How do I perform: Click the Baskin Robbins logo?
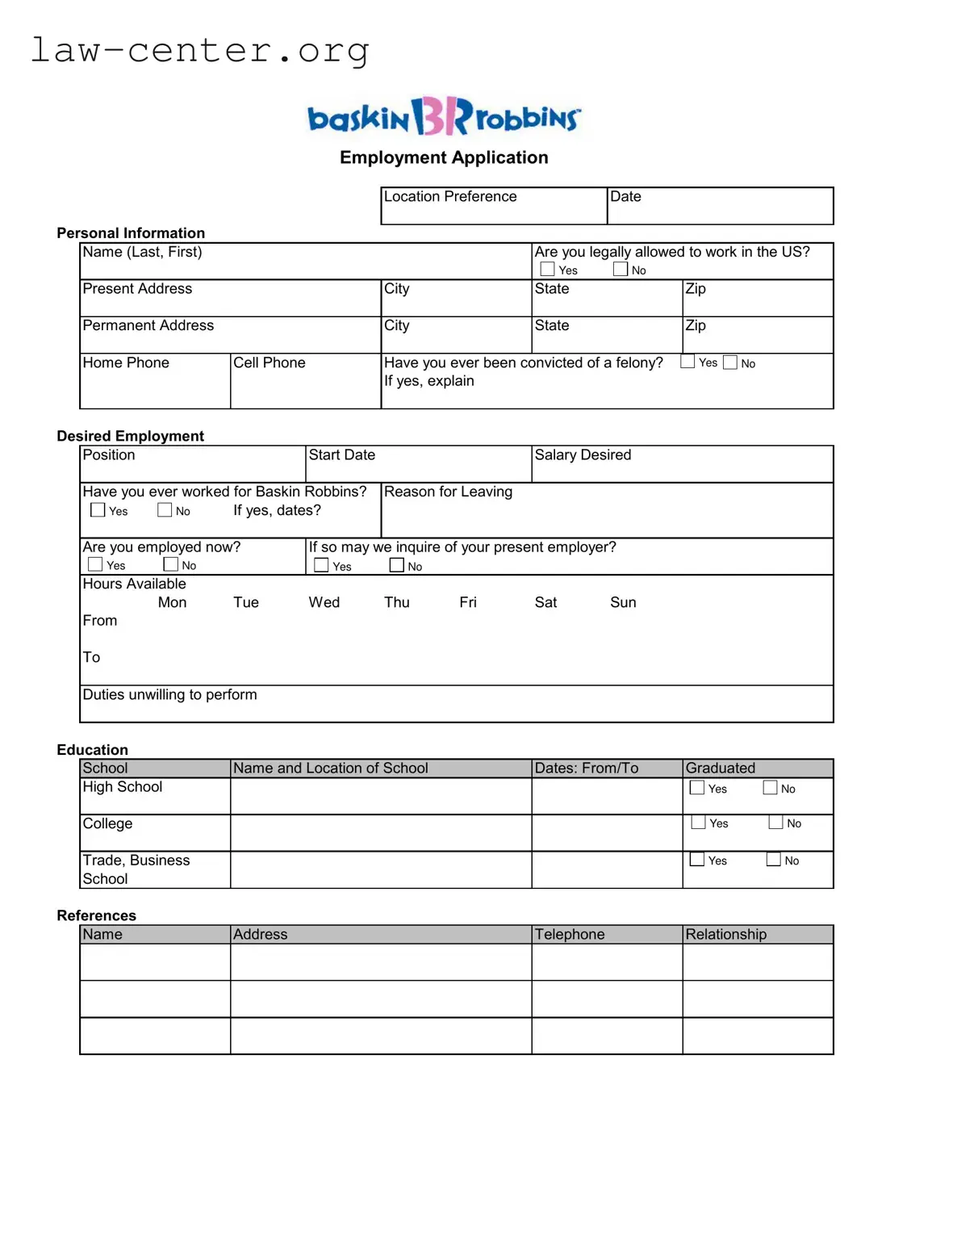(x=444, y=117)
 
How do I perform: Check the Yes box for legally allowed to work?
(x=547, y=269)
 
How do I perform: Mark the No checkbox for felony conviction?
(x=730, y=362)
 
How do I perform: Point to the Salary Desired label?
(x=583, y=455)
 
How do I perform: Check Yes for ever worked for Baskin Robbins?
(x=98, y=510)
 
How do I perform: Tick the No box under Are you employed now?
(x=170, y=564)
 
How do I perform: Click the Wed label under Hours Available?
(x=324, y=602)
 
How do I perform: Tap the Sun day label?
(x=623, y=602)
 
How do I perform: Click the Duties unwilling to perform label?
(x=169, y=695)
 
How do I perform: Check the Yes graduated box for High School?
(x=697, y=788)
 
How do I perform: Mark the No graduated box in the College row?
(x=775, y=823)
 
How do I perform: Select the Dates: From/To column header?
(x=587, y=769)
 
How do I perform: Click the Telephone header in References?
(x=570, y=935)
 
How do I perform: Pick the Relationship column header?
(x=725, y=935)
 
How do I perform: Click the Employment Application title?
(x=444, y=157)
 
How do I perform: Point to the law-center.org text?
(x=199, y=50)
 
